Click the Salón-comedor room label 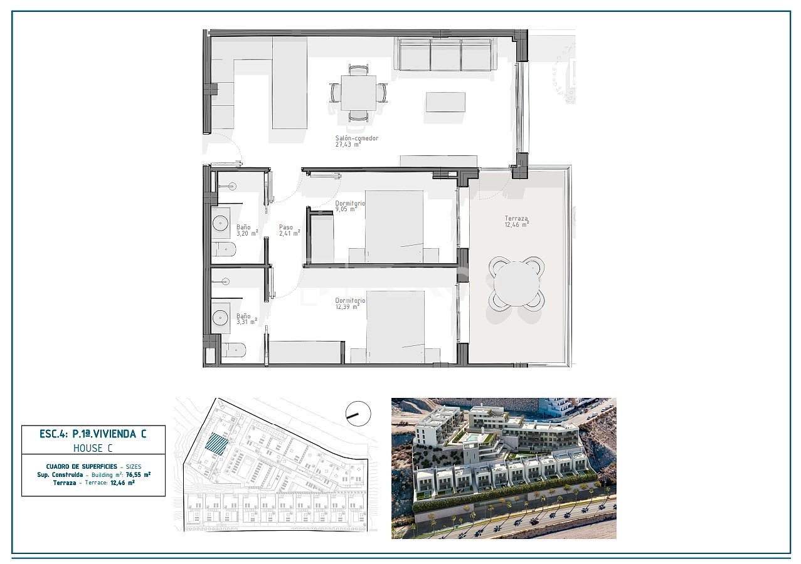357,141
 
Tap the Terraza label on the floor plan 517,221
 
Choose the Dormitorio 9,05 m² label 349,206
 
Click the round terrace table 516,283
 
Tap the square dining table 359,93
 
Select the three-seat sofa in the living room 445,55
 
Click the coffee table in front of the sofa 445,102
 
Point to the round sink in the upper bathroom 221,222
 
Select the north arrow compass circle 358,414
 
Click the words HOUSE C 93,448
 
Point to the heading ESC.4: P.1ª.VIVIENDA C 93,433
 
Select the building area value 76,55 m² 137,474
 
